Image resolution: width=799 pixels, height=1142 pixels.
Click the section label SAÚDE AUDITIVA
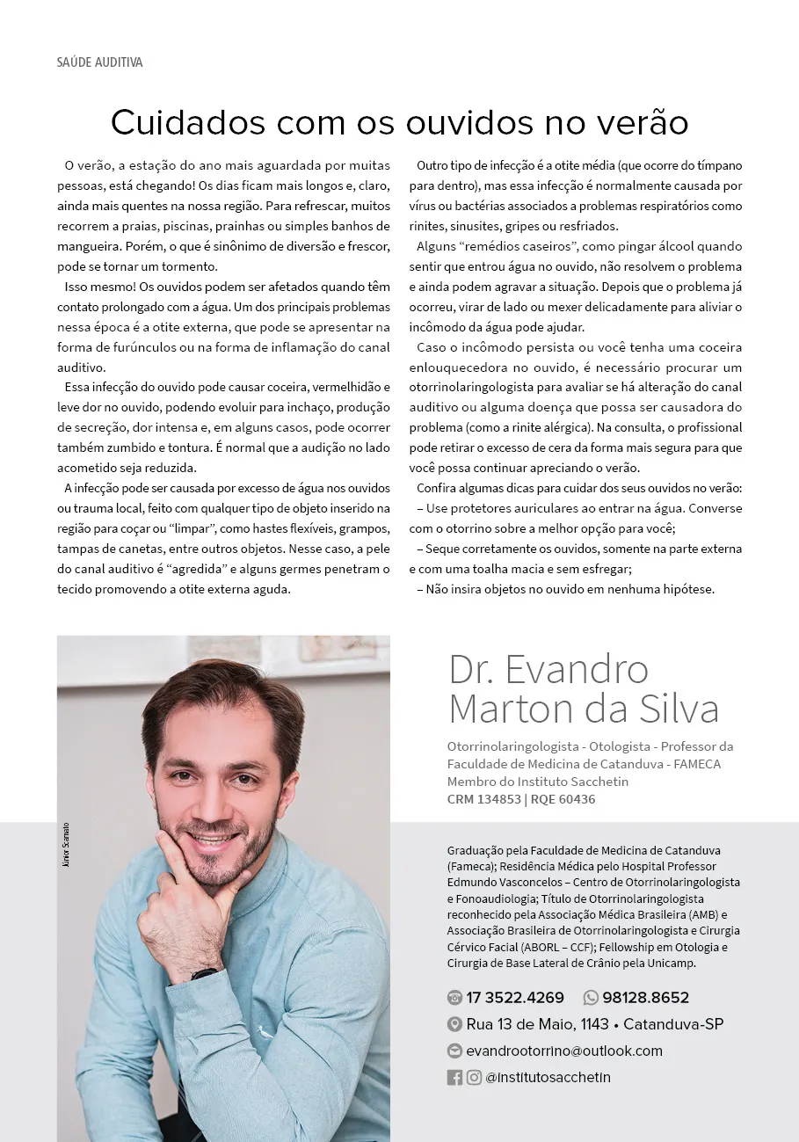click(x=99, y=62)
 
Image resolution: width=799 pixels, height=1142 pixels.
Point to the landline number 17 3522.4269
click(x=515, y=998)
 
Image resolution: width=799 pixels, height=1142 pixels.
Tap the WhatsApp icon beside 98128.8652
click(x=591, y=998)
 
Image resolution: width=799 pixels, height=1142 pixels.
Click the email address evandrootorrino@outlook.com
click(x=564, y=1051)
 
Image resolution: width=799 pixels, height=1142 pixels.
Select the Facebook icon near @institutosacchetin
click(x=454, y=1077)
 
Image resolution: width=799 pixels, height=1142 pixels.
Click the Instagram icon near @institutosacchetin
click(x=474, y=1077)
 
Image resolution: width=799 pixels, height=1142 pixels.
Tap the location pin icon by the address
click(x=454, y=1024)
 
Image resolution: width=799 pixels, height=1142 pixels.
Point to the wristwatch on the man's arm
click(x=204, y=973)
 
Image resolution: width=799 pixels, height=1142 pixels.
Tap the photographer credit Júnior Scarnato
click(x=66, y=845)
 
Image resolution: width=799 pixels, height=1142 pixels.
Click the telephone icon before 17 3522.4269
click(x=454, y=998)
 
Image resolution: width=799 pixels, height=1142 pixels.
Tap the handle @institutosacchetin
click(x=548, y=1077)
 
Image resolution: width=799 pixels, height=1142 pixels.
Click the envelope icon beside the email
click(x=454, y=1051)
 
